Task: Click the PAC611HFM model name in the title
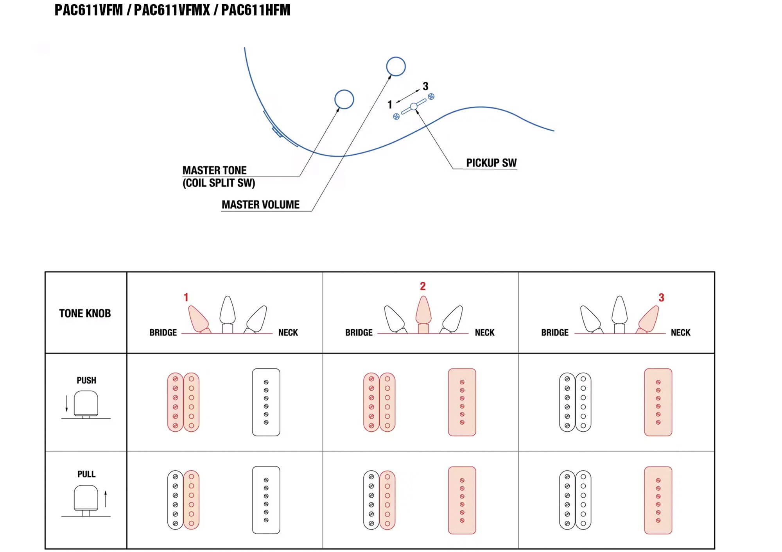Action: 256,10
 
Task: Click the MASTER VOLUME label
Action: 260,205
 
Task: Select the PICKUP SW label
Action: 491,163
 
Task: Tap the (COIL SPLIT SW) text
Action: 219,183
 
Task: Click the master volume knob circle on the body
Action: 396,66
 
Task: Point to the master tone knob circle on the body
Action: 344,99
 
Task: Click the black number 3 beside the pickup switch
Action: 425,86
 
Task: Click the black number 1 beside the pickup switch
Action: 389,104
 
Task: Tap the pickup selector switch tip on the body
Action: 414,106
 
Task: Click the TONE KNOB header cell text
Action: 85,313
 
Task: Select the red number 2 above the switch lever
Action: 423,286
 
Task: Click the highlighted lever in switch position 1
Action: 198,318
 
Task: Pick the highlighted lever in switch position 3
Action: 649,318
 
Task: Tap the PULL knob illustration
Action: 86,499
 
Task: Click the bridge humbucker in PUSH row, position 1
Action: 183,402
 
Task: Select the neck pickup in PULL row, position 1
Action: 266,500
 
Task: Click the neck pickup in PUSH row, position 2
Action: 462,402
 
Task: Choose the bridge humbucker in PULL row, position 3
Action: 575,500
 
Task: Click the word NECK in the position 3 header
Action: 680,332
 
